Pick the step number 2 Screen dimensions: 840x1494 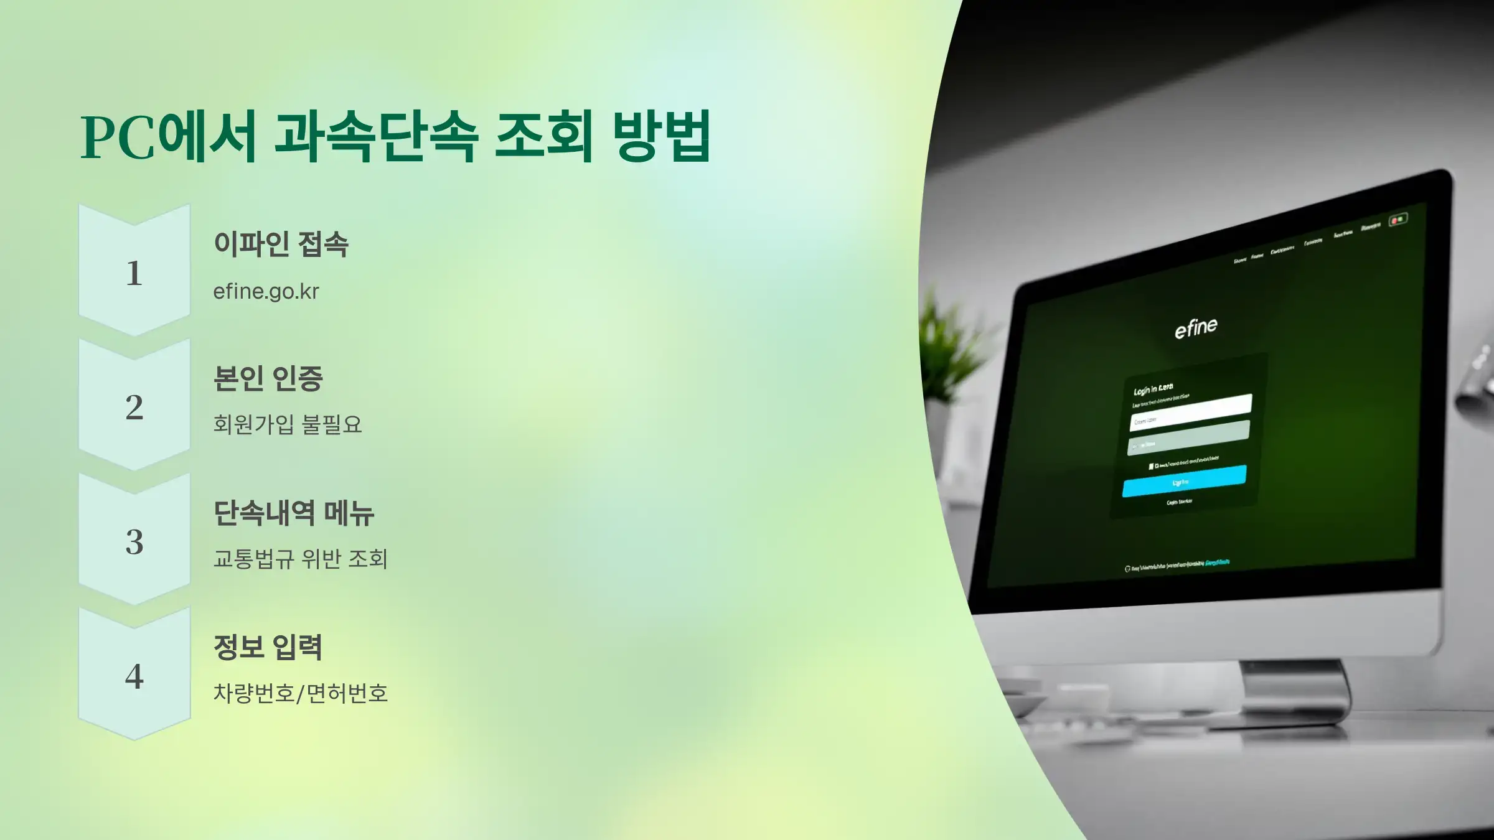[x=134, y=408]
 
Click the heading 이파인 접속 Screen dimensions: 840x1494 [x=281, y=244]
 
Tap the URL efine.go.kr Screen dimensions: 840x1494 [x=266, y=291]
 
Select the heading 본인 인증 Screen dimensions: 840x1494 [x=268, y=378]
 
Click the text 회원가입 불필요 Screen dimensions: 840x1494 [x=287, y=424]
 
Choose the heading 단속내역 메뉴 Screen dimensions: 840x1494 [x=294, y=513]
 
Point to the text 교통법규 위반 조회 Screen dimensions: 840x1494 [x=300, y=559]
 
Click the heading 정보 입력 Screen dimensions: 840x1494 [x=268, y=647]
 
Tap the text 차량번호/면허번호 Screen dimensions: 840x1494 [x=300, y=693]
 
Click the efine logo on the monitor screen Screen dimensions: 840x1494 [x=1196, y=328]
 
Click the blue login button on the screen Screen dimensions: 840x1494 [x=1184, y=481]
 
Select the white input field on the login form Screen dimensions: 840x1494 [x=1190, y=412]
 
